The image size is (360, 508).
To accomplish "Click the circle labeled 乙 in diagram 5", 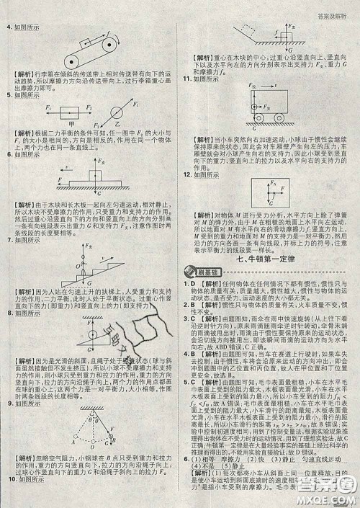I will (x=114, y=114).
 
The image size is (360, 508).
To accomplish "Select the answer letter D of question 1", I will (x=193, y=285).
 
